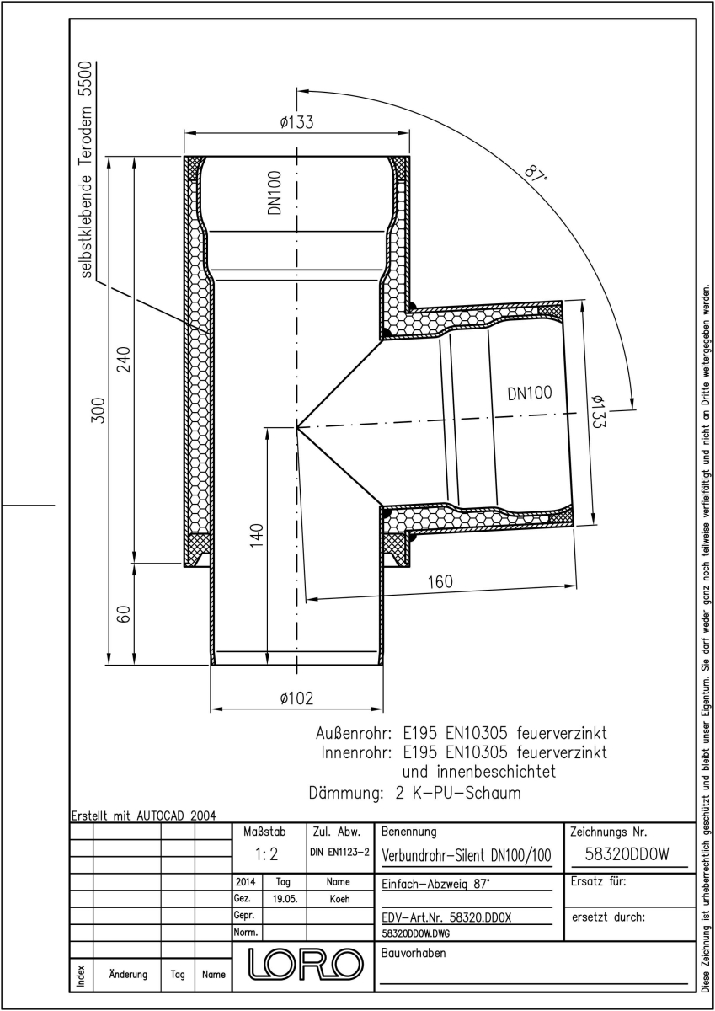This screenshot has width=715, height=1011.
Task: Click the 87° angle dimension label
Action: tap(536, 174)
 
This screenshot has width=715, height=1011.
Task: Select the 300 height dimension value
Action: tap(99, 410)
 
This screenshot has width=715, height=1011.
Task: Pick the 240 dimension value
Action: tap(124, 359)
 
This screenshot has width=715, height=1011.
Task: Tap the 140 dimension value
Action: tap(257, 536)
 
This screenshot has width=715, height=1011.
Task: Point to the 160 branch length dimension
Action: tap(440, 582)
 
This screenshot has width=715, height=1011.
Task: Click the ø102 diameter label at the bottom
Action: tap(296, 698)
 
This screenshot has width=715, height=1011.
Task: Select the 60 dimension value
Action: tap(124, 614)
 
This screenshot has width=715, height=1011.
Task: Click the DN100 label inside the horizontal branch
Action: tap(530, 393)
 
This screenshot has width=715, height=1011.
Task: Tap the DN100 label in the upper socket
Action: tap(275, 193)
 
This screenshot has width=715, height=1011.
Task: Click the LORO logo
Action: tap(306, 963)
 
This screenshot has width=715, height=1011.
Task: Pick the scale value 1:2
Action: tap(267, 854)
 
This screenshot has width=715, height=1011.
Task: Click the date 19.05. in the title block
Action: tap(285, 899)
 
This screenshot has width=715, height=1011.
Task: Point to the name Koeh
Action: tap(339, 899)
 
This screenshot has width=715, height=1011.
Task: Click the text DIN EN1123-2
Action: tap(339, 852)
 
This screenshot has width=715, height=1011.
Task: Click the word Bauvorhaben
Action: tap(414, 953)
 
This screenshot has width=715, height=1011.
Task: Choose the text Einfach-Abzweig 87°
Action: tap(435, 884)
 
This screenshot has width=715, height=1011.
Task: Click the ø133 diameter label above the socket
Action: tap(296, 122)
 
